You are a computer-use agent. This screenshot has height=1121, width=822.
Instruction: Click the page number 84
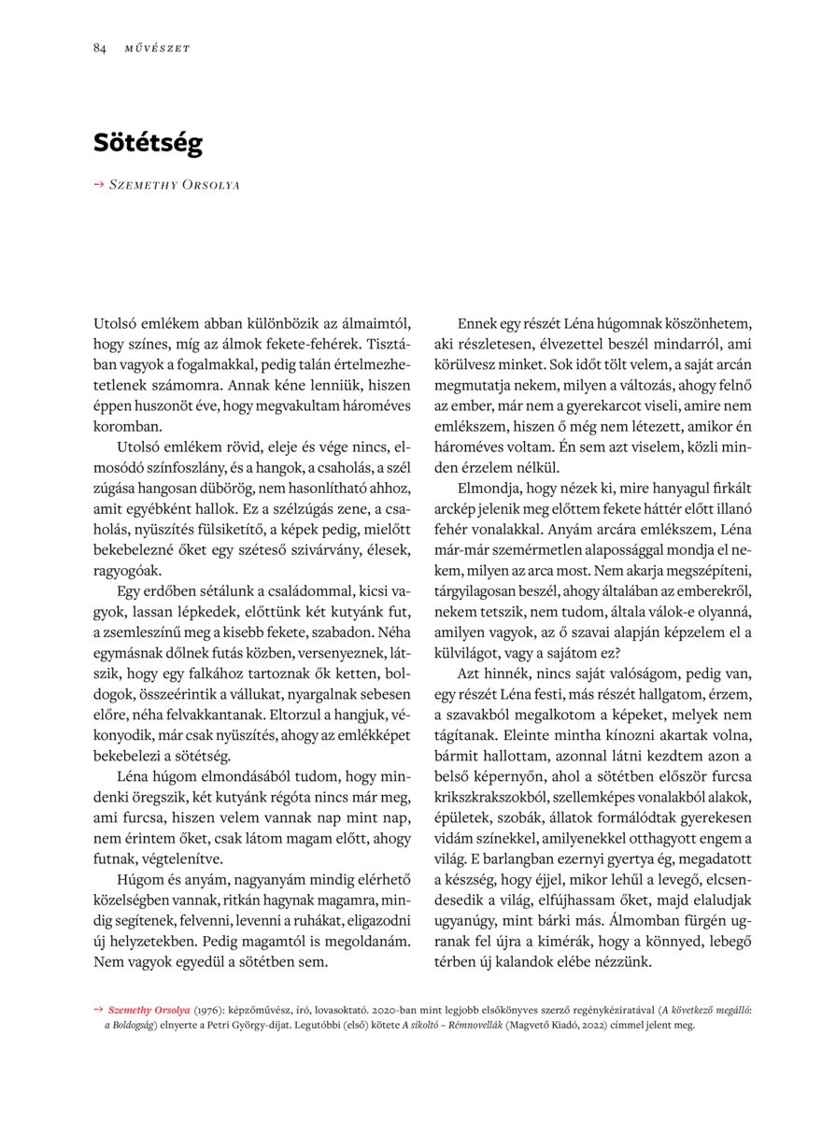99,48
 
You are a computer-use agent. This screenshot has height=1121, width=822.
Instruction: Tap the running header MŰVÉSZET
157,49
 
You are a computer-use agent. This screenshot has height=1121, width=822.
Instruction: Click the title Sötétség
148,143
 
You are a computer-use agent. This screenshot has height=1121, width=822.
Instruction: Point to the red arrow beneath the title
99,185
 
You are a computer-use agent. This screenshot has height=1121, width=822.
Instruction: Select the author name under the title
175,185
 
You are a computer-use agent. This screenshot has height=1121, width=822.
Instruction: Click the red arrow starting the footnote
98,1010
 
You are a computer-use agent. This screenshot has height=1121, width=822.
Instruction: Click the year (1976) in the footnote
208,1010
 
